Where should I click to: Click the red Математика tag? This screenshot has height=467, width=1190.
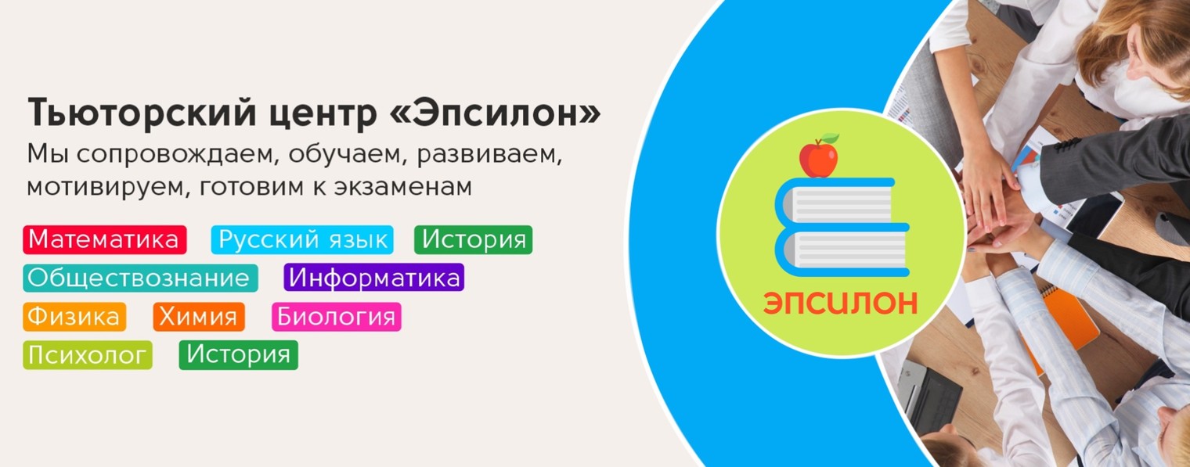[105, 240]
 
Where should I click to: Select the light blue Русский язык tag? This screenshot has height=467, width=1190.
[302, 240]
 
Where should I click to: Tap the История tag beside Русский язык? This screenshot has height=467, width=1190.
[473, 240]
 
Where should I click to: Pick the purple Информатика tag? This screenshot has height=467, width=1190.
[373, 278]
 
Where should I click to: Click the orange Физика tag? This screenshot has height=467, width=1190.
[74, 317]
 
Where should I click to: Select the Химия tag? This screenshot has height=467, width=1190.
[199, 317]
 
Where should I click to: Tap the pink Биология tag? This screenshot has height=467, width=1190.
[336, 317]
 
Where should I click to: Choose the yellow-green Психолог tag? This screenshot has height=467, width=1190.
[87, 355]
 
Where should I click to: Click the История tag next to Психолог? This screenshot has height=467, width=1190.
[238, 355]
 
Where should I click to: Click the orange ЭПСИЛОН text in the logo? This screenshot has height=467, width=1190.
[840, 304]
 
